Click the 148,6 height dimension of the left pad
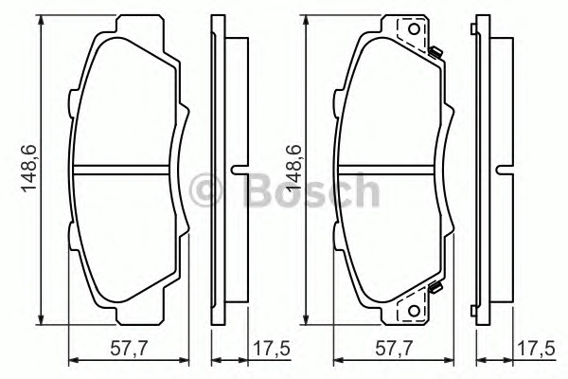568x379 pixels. (28, 168)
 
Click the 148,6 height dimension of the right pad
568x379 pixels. (293, 168)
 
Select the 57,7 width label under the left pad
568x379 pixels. (129, 349)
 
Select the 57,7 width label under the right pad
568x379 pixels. (394, 349)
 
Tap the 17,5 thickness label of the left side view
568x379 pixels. (272, 349)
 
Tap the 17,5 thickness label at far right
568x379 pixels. (537, 349)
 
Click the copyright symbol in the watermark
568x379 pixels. (205, 190)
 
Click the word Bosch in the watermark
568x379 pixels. (312, 189)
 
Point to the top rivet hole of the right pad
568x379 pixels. (414, 29)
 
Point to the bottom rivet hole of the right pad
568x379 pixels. (414, 311)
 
